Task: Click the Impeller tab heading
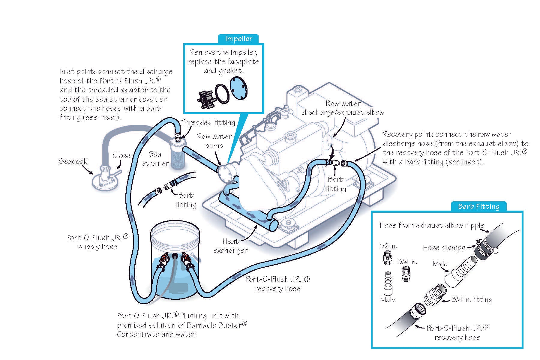coord(238,39)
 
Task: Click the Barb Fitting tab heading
coord(478,206)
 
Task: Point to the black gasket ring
coord(222,94)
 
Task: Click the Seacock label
coord(73,161)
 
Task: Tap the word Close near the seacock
coord(121,155)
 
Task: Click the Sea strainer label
coord(155,159)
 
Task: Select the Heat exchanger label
coord(230,246)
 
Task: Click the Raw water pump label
coord(214,141)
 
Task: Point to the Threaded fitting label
coord(208,122)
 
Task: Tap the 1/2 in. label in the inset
coord(388,246)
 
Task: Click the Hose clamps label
coord(444,247)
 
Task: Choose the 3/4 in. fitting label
coord(471,299)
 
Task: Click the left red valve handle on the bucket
coord(164,257)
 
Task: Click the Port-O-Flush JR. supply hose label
coord(97,242)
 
